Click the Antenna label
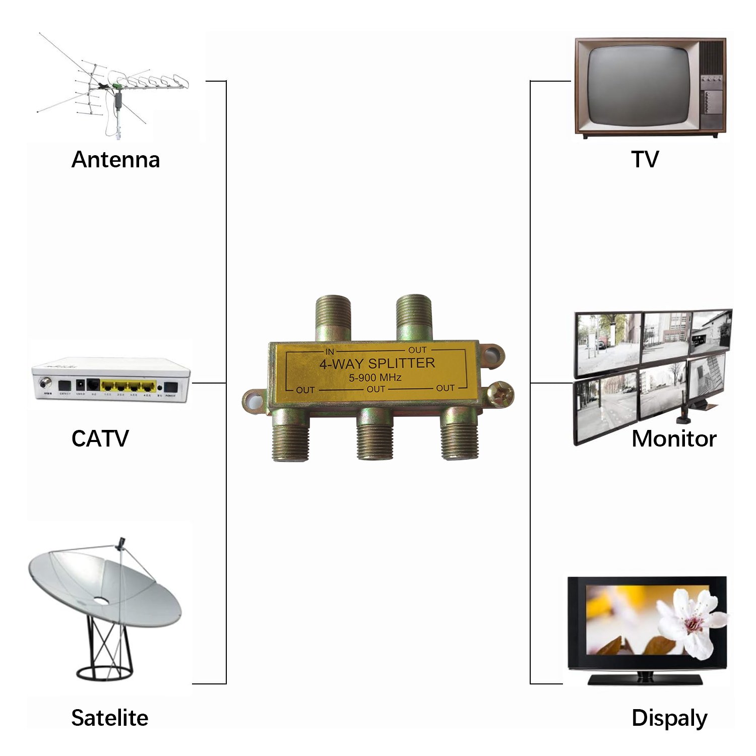pyautogui.click(x=115, y=160)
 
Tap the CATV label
pyautogui.click(x=100, y=438)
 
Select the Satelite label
pyautogui.click(x=109, y=718)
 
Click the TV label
pyautogui.click(x=645, y=159)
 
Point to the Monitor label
pyautogui.click(x=673, y=438)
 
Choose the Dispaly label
pyautogui.click(x=669, y=718)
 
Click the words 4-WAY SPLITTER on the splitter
pyautogui.click(x=377, y=363)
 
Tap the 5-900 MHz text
pyautogui.click(x=375, y=377)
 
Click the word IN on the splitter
pyautogui.click(x=330, y=351)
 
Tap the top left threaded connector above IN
pyautogui.click(x=333, y=318)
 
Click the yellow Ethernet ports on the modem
pyautogui.click(x=128, y=387)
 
